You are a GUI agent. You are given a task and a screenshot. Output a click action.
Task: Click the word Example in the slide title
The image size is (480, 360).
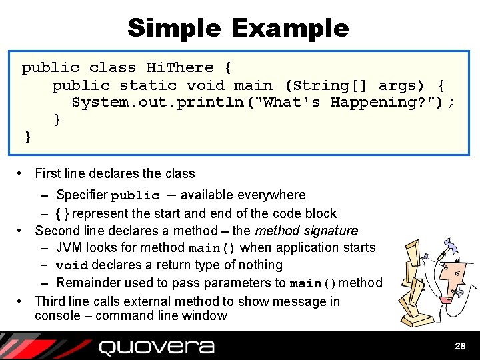[x=290, y=28]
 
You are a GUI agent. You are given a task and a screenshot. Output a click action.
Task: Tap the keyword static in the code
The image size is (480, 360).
[x=148, y=85]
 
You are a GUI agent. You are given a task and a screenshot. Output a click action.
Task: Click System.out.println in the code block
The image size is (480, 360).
[x=157, y=103]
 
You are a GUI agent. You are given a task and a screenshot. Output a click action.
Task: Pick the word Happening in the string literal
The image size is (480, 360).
[x=369, y=103]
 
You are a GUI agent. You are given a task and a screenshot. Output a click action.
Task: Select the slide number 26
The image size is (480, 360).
[x=460, y=346]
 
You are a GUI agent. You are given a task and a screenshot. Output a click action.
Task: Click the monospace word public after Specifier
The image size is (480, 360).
[x=135, y=196]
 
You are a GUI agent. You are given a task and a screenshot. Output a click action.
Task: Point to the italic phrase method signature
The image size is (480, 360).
[x=306, y=231]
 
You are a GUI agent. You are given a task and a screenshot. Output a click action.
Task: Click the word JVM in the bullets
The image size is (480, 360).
[x=70, y=248]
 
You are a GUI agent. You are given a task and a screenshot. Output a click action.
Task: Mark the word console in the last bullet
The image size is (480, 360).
[x=57, y=316]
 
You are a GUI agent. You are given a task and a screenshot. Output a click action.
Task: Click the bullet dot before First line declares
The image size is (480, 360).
[x=21, y=174]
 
